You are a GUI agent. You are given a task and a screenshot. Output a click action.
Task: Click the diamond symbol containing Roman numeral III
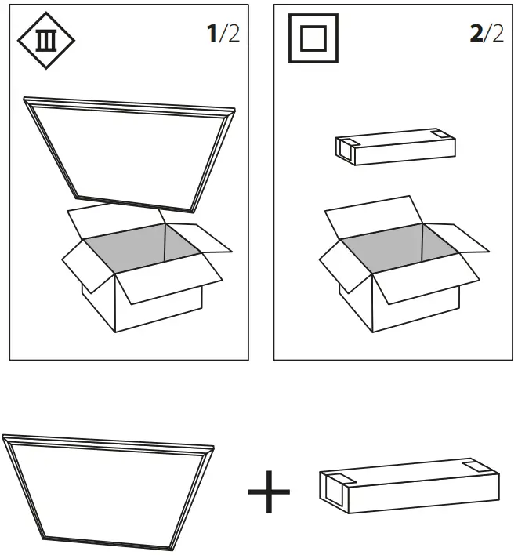click(46, 39)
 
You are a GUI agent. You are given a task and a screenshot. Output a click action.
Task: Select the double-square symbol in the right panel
click(314, 38)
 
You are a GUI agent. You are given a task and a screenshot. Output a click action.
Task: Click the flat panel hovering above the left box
click(129, 153)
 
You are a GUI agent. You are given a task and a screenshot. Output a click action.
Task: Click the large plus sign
click(269, 492)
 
